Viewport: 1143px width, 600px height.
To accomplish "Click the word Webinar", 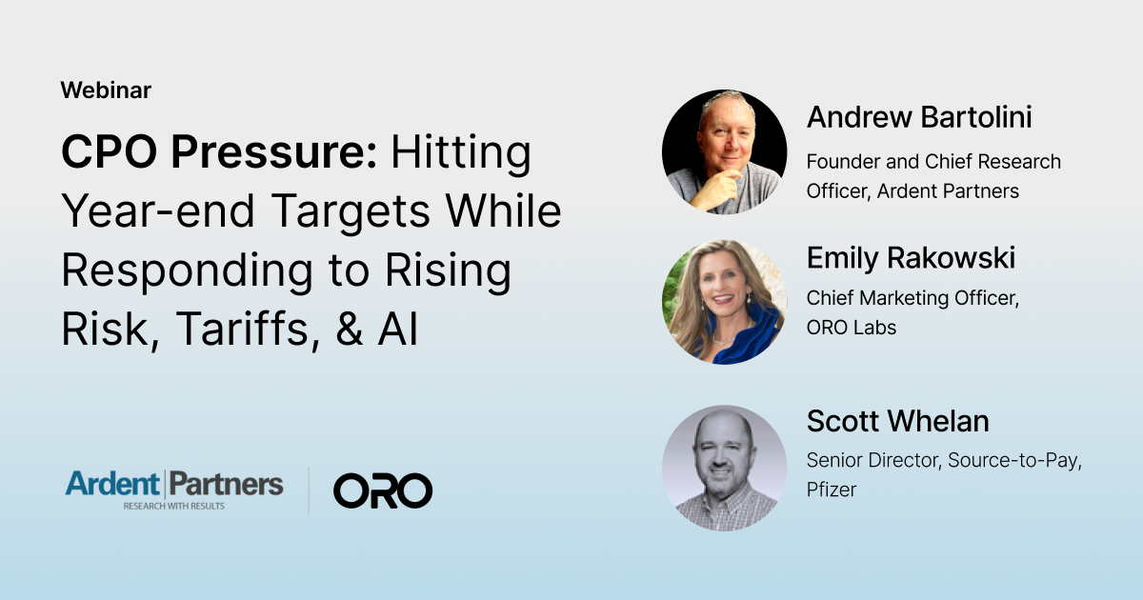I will coord(106,90).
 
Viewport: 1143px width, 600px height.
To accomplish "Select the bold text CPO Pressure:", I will coord(219,153).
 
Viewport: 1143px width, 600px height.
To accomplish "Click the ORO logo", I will coord(383,490).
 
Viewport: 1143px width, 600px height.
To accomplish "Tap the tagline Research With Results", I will coord(173,506).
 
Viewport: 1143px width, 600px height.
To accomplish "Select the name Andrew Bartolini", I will coord(919,117).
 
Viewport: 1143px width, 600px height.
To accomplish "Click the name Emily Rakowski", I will coord(911,257).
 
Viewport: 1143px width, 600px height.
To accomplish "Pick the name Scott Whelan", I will coord(897,421).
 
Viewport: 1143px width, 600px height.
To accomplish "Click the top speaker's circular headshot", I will coord(724,152).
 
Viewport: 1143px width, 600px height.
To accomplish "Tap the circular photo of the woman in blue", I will coord(724,302).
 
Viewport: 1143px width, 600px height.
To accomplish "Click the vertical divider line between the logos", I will coord(309,490).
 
